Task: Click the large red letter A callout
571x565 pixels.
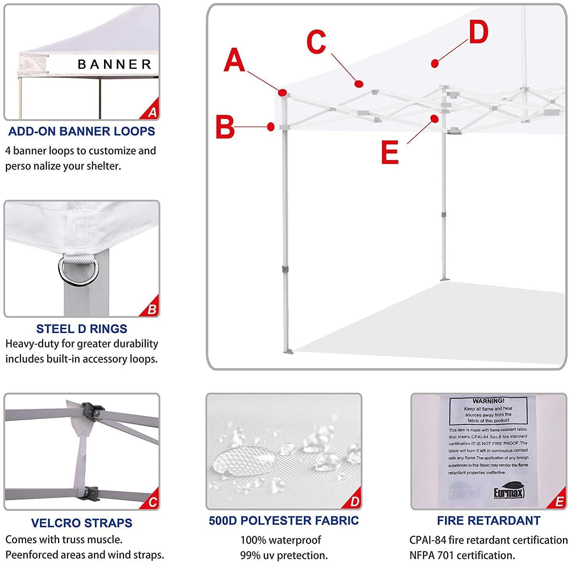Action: [234, 60]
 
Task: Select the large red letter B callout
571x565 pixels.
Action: [226, 127]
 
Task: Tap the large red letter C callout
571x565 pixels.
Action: [316, 42]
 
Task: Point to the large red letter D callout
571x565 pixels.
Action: [478, 32]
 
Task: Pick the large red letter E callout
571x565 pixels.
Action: [389, 152]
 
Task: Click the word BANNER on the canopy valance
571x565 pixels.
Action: [115, 64]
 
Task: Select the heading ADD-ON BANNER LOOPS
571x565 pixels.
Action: [81, 131]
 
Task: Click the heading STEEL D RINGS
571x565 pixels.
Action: [81, 329]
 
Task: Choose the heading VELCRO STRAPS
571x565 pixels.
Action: [81, 523]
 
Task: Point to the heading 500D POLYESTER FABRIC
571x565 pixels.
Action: [284, 521]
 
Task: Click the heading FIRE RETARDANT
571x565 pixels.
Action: [488, 521]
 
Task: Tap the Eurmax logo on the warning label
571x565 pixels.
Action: [509, 493]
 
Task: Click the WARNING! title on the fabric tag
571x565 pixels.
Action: [488, 401]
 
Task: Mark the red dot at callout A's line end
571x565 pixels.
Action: [283, 93]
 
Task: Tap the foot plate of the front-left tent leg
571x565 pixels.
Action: [289, 352]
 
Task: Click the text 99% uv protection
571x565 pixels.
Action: [284, 555]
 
